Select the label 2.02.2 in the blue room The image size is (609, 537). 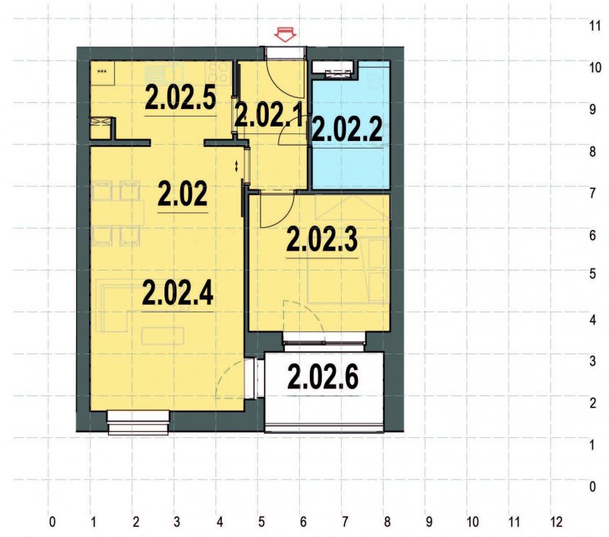tap(347, 130)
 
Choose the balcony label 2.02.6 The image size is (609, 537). tap(323, 376)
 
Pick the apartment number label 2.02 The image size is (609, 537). tap(182, 196)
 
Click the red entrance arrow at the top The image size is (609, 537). tap(285, 34)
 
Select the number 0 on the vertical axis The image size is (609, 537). tap(594, 486)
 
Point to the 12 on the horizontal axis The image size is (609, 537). tap(556, 523)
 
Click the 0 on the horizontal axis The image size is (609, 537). tap(52, 523)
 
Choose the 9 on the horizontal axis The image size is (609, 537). tap(429, 523)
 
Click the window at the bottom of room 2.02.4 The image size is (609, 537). tap(138, 421)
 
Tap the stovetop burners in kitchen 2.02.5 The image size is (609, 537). tap(220, 72)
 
